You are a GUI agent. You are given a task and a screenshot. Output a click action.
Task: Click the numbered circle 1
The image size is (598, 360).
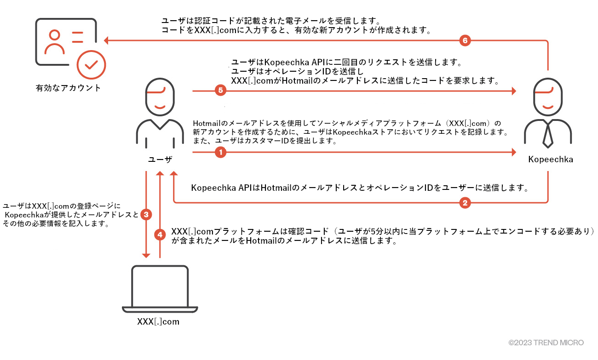pyautogui.click(x=220, y=152)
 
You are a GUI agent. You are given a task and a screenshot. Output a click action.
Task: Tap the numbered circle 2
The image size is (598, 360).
pyautogui.click(x=465, y=202)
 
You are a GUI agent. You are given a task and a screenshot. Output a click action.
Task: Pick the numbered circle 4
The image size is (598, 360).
pyautogui.click(x=160, y=234)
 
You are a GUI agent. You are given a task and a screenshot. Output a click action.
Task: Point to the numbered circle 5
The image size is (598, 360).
pyautogui.click(x=220, y=91)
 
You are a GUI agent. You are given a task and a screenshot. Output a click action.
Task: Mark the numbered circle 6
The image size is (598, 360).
pyautogui.click(x=465, y=40)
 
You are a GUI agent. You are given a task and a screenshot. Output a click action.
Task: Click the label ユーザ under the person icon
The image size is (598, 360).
pyautogui.click(x=160, y=160)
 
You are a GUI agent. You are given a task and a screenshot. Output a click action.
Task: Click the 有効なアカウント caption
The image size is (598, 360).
pyautogui.click(x=69, y=88)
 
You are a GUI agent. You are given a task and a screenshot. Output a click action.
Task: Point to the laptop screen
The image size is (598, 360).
pyautogui.click(x=160, y=285)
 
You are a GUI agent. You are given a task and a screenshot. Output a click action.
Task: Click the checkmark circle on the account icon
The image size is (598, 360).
pyautogui.click(x=91, y=65)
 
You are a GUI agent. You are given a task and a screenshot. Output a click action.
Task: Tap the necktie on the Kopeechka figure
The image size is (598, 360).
pyautogui.click(x=547, y=134)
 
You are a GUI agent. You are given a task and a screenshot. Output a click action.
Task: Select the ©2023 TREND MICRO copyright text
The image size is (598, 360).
pyautogui.click(x=546, y=343)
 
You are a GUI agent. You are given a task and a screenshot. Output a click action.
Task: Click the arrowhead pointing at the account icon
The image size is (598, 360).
pyautogui.click(x=106, y=40)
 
